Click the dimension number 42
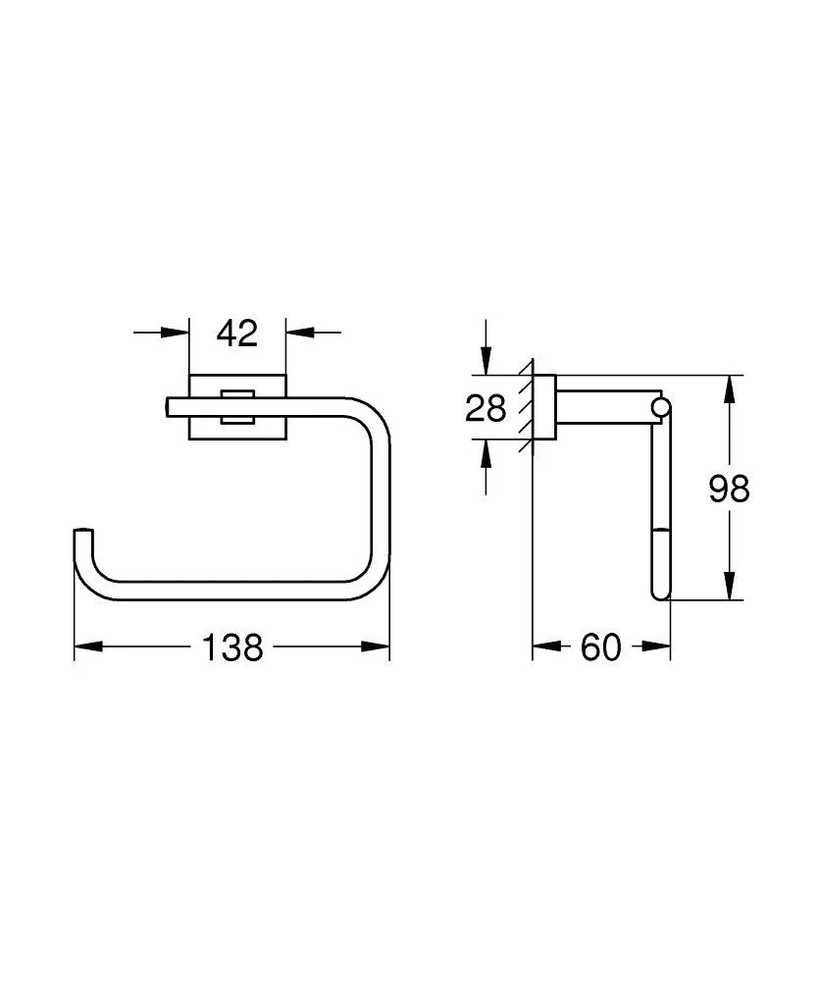pos(236,334)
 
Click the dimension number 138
pos(232,646)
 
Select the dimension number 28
pos(486,407)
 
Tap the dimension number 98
pos(729,488)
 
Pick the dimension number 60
pos(601,646)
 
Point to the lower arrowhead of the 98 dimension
pos(729,586)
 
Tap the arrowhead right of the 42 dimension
pos(299,334)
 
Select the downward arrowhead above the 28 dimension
pos(486,362)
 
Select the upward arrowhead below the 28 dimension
pos(486,452)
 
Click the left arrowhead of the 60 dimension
pos(544,646)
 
